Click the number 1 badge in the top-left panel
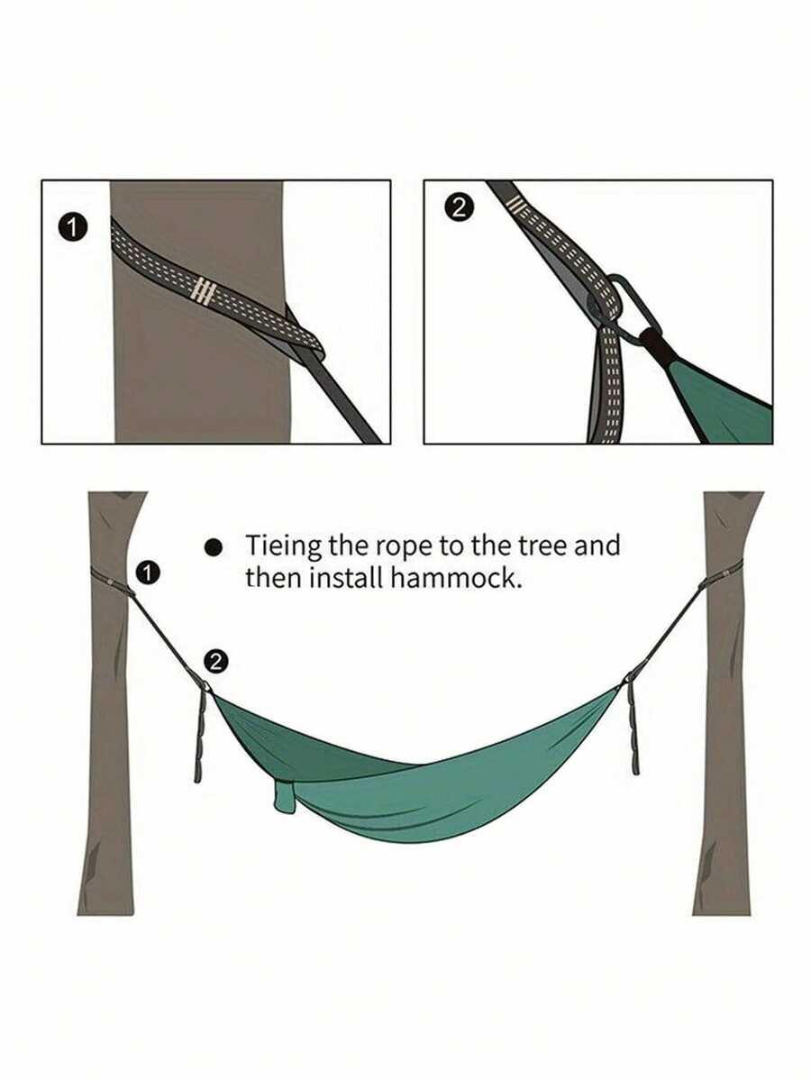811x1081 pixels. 72,228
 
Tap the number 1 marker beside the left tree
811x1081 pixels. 148,573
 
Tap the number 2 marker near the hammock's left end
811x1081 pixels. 216,661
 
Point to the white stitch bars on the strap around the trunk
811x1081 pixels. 204,291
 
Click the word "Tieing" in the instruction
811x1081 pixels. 284,546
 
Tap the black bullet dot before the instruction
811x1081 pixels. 214,547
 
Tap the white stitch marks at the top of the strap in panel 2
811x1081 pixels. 515,206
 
